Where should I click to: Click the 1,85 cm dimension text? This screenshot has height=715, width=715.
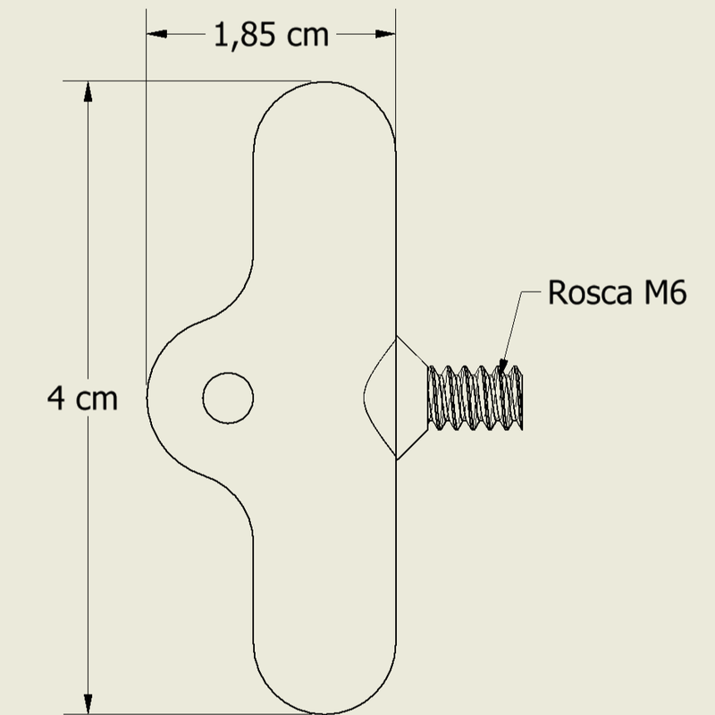pos(271,35)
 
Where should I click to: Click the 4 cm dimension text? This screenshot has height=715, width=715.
pos(82,399)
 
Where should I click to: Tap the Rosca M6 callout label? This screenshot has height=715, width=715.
pos(617,292)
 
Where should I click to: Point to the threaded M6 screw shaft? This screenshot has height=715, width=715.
pos(475,398)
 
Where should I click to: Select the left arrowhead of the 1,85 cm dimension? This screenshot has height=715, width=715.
pos(156,34)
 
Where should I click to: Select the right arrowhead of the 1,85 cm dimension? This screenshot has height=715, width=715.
pos(385,34)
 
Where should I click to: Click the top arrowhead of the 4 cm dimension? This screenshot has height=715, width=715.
pos(88,91)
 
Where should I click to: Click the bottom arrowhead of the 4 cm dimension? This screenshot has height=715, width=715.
pos(88,703)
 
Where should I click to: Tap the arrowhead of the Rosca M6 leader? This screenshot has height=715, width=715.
pos(502,366)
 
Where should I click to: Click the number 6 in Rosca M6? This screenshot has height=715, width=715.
pos(677,292)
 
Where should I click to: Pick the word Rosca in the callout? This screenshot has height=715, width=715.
pos(590,292)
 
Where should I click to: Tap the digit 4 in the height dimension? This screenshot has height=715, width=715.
pos(56,398)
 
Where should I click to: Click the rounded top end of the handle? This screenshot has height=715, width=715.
pos(324,82)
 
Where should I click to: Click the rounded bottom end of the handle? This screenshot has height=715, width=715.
pos(324,713)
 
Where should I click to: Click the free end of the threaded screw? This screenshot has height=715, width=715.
pos(522,398)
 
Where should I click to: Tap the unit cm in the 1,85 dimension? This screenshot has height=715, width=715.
pos(307,37)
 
